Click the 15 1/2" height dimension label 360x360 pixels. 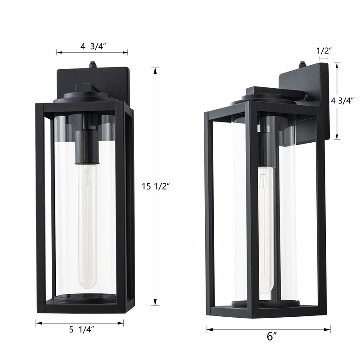[x=155, y=186]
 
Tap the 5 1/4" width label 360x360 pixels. [x=81, y=330]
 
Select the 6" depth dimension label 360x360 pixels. [x=272, y=336]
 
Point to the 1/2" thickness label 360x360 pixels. [x=324, y=51]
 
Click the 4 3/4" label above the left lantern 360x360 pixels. [x=93, y=46]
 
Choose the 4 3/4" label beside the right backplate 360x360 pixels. [x=342, y=100]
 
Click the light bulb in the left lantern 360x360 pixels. [x=87, y=226]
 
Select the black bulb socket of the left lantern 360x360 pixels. [x=87, y=147]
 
